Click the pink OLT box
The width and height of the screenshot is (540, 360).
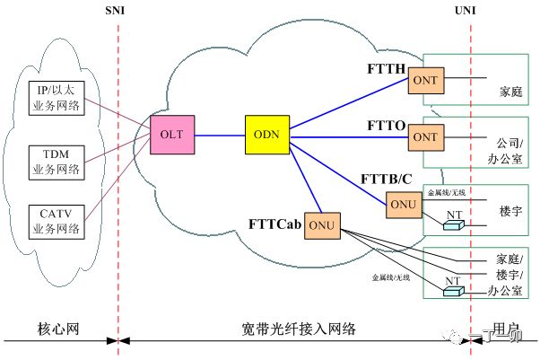[171, 134]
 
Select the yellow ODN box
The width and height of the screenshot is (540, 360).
[265, 134]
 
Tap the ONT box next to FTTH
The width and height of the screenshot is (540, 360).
[423, 81]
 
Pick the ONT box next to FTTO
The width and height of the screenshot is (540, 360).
[423, 137]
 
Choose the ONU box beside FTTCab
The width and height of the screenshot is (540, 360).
[320, 224]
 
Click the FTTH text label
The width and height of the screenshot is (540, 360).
[387, 69]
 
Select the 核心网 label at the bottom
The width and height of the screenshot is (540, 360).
[58, 329]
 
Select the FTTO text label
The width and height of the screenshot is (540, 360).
[387, 125]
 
